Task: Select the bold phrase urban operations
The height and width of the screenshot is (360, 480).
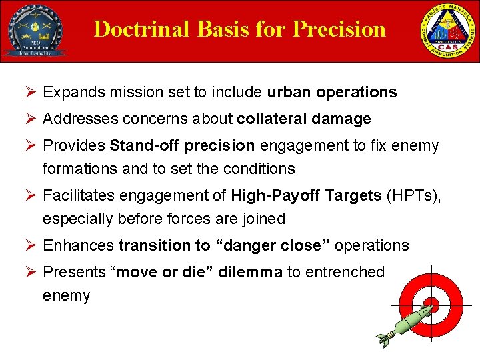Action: point(331,92)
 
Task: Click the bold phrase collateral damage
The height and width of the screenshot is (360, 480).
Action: point(303,119)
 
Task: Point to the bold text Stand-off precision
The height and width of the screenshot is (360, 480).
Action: point(182,145)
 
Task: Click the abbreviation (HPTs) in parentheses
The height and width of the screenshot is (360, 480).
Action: point(415,195)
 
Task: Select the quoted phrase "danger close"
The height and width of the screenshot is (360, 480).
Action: point(272,245)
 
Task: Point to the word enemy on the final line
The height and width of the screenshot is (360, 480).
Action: point(66,296)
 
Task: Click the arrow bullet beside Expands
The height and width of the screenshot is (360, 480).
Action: point(31,93)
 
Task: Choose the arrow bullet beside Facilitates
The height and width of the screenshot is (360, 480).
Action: point(31,196)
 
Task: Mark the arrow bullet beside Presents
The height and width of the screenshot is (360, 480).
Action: point(31,272)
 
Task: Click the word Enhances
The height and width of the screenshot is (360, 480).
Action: point(78,245)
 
